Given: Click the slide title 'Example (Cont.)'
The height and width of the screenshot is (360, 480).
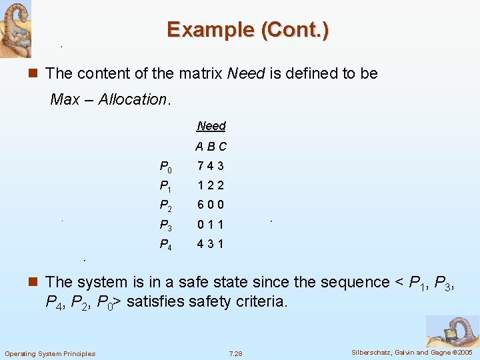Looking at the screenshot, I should [247, 30].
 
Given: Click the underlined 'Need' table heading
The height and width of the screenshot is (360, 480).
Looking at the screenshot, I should [211, 126].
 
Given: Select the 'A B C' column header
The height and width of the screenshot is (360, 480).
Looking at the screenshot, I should [211, 147].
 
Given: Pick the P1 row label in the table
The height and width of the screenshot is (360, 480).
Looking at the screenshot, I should [165, 187].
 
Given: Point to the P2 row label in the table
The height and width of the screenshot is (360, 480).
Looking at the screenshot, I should [165, 206].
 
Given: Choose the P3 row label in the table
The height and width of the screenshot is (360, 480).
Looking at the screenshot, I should [165, 225].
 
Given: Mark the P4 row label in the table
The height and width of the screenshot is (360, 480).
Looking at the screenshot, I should [165, 245].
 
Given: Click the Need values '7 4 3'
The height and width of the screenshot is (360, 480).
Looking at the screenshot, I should [211, 166].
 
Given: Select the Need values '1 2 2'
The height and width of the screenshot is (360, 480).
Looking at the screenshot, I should [211, 185].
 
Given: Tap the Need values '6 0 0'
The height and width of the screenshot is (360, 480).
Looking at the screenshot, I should [211, 205].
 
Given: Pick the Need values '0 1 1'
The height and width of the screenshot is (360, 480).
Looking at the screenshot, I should [211, 225].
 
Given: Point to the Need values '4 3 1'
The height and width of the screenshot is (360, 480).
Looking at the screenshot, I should [211, 244].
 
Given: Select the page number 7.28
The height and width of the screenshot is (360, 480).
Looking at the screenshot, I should [235, 353].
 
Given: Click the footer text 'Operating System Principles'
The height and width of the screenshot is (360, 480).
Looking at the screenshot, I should [50, 353].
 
